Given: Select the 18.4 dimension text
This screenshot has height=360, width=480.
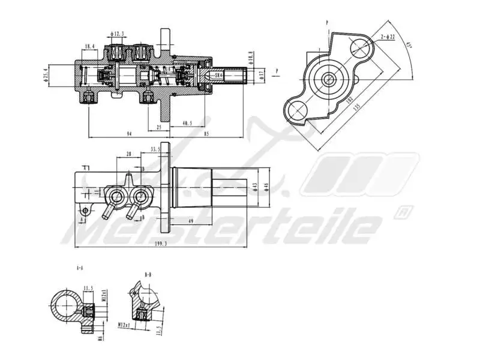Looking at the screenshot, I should pyautogui.click(x=90, y=46).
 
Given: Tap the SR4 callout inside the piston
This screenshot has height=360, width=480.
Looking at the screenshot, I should pyautogui.click(x=219, y=76).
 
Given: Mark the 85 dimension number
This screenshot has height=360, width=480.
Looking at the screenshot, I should pyautogui.click(x=206, y=133).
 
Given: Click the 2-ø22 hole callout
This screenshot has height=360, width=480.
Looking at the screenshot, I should pyautogui.click(x=388, y=37).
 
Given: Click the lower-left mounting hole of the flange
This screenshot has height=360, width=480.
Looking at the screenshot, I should pyautogui.click(x=296, y=109).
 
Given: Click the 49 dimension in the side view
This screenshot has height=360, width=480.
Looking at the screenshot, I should pyautogui.click(x=190, y=221).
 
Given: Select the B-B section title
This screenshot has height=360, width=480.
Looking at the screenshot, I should pyautogui.click(x=148, y=274).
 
